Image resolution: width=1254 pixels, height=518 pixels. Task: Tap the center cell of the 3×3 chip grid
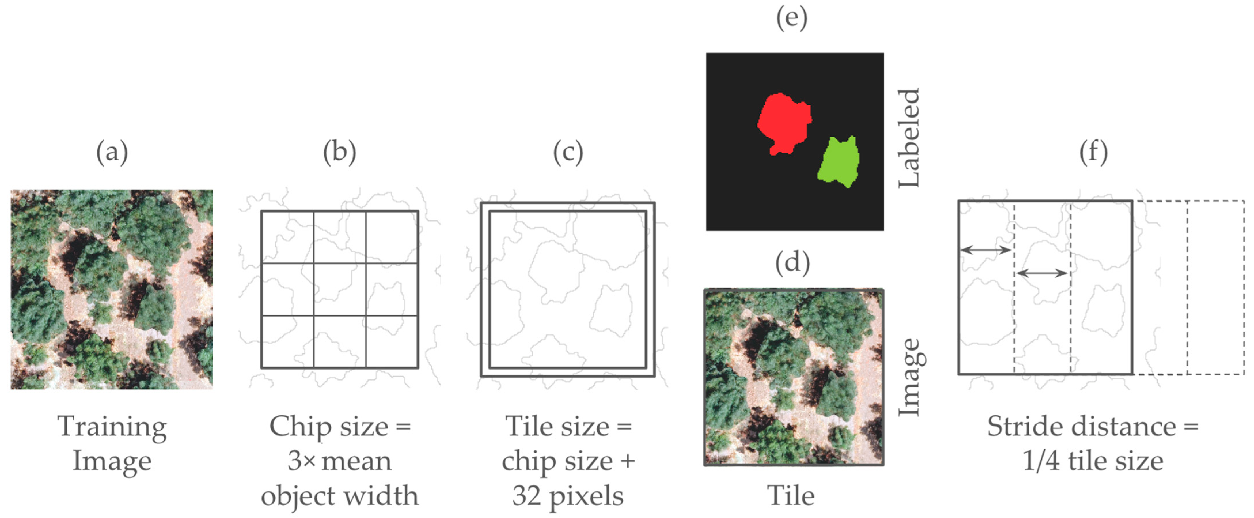(339, 289)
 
